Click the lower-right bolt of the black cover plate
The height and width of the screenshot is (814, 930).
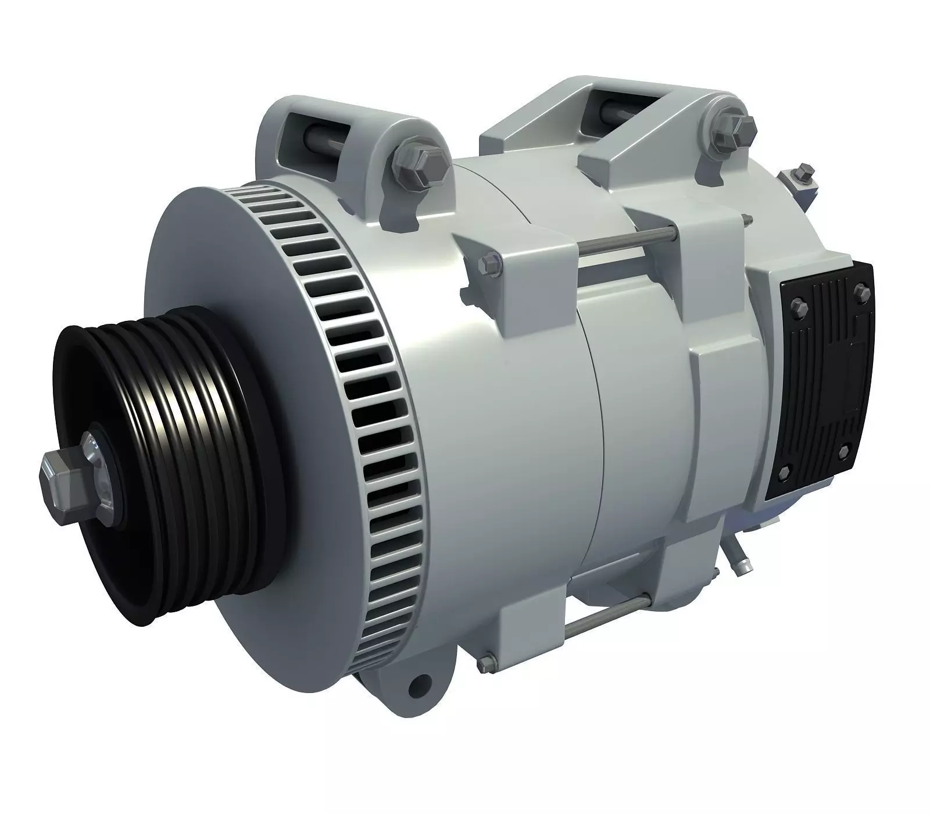843,451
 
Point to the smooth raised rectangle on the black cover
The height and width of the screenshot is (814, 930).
861,372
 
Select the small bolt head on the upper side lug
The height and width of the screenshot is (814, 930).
485,263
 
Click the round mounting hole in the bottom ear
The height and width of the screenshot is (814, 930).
415,688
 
